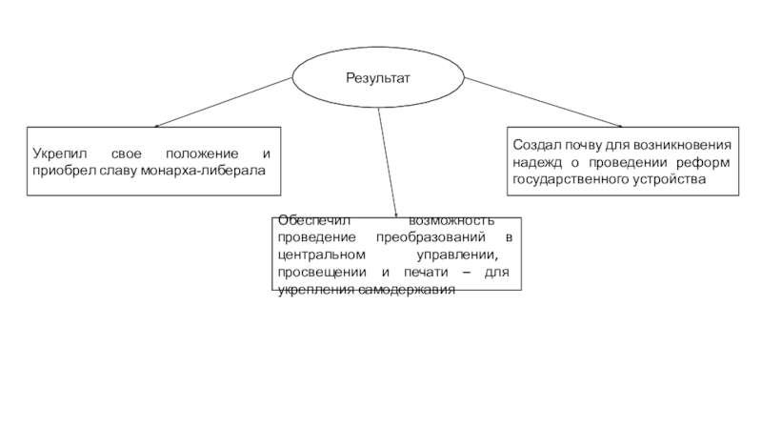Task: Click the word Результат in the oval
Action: tap(377, 77)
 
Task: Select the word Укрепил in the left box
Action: tap(58, 153)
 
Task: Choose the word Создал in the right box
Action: tap(534, 146)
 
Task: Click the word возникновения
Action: tap(683, 146)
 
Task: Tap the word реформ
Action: tap(709, 162)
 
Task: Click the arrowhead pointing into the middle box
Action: tap(393, 214)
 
